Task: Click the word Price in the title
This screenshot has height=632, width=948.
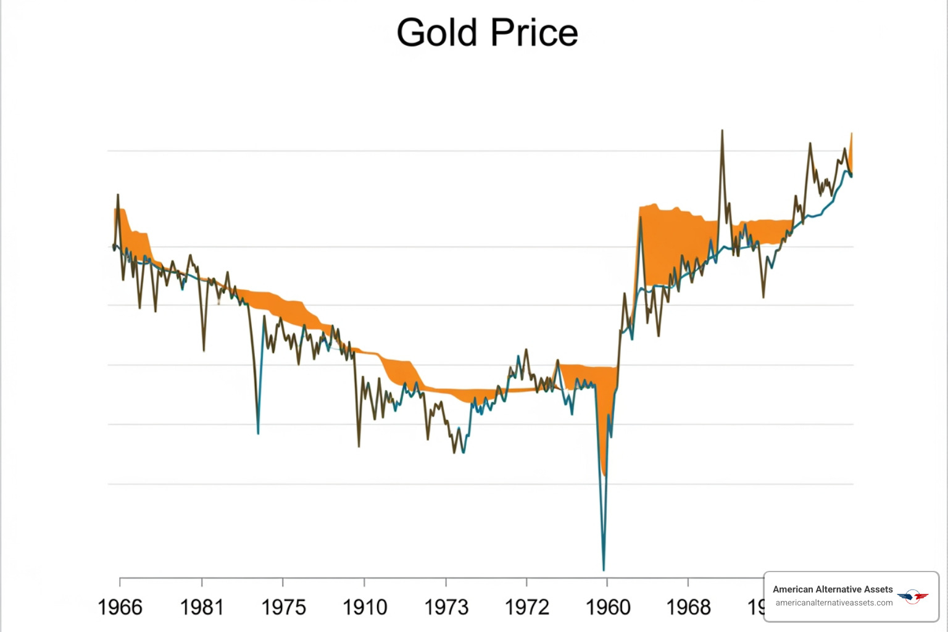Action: pyautogui.click(x=534, y=33)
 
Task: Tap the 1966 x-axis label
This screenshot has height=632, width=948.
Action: pyautogui.click(x=120, y=607)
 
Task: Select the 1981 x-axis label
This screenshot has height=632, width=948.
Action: pyautogui.click(x=201, y=607)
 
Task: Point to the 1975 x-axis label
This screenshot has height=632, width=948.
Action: pyautogui.click(x=283, y=607)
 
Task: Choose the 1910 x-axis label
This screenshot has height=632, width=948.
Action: pyautogui.click(x=365, y=607)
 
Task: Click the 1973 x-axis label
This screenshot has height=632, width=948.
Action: pyautogui.click(x=446, y=607)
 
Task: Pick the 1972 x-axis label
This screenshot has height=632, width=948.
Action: pyautogui.click(x=527, y=607)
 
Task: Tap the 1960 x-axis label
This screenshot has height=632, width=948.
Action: pyautogui.click(x=608, y=607)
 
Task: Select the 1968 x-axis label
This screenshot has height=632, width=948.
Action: pyautogui.click(x=689, y=607)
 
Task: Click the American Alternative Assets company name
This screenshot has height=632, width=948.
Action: pyautogui.click(x=833, y=589)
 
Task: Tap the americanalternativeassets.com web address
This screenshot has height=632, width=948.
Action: pyautogui.click(x=834, y=603)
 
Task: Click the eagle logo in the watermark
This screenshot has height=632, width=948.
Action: pyautogui.click(x=913, y=596)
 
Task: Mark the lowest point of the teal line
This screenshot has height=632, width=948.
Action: pyautogui.click(x=604, y=570)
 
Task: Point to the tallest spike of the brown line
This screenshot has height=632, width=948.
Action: pyautogui.click(x=722, y=131)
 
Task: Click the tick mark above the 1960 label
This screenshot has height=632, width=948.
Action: pyautogui.click(x=607, y=581)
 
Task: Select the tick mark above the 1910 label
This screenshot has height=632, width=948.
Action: pyautogui.click(x=364, y=581)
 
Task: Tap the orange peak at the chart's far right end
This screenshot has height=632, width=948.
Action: pyautogui.click(x=852, y=134)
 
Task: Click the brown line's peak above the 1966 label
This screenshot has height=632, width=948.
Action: pyautogui.click(x=118, y=195)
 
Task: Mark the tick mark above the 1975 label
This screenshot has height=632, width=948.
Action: pyautogui.click(x=283, y=581)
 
